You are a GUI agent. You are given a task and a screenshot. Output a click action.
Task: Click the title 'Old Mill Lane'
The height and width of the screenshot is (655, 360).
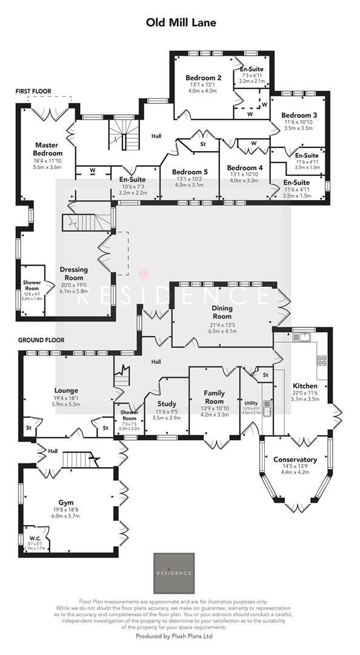coord(181,22)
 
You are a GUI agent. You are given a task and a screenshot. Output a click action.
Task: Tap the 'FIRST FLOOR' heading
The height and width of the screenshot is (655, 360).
coord(33,91)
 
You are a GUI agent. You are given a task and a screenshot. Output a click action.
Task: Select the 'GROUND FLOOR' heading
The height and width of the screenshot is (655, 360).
coord(41,340)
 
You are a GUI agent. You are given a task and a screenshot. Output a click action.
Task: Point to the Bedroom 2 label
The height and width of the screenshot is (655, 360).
coord(203,77)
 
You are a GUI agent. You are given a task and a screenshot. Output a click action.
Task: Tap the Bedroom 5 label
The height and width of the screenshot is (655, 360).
coord(190,172)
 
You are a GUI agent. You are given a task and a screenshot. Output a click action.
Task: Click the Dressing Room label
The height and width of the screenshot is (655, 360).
coord(74,274)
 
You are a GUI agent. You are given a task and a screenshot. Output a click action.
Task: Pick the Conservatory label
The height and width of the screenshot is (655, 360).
coord(295,460)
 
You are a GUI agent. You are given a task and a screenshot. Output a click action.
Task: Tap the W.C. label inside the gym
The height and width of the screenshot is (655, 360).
coord(35,537)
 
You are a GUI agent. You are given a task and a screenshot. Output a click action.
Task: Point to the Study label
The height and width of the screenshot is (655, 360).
coord(167,403)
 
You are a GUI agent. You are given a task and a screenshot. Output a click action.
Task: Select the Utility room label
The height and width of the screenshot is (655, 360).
coord(251,403)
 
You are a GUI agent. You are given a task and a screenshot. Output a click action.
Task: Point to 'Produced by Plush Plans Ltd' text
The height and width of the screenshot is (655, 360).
coord(180,636)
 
